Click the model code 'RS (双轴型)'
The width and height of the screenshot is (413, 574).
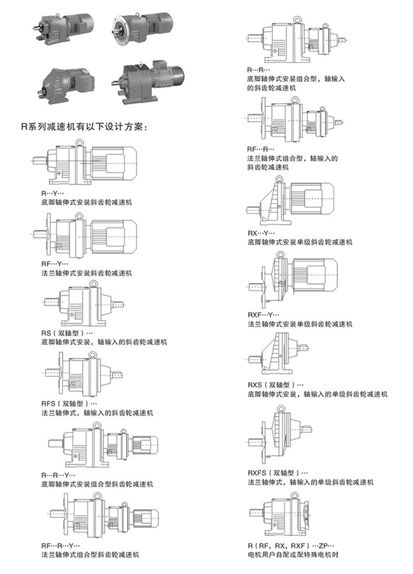click(x=68, y=333)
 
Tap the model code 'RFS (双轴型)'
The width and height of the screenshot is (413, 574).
click(x=69, y=404)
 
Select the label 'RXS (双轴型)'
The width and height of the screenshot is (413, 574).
click(x=276, y=385)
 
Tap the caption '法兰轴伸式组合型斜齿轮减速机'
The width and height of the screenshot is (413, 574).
click(x=90, y=555)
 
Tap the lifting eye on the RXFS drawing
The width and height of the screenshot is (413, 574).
click(x=281, y=407)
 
